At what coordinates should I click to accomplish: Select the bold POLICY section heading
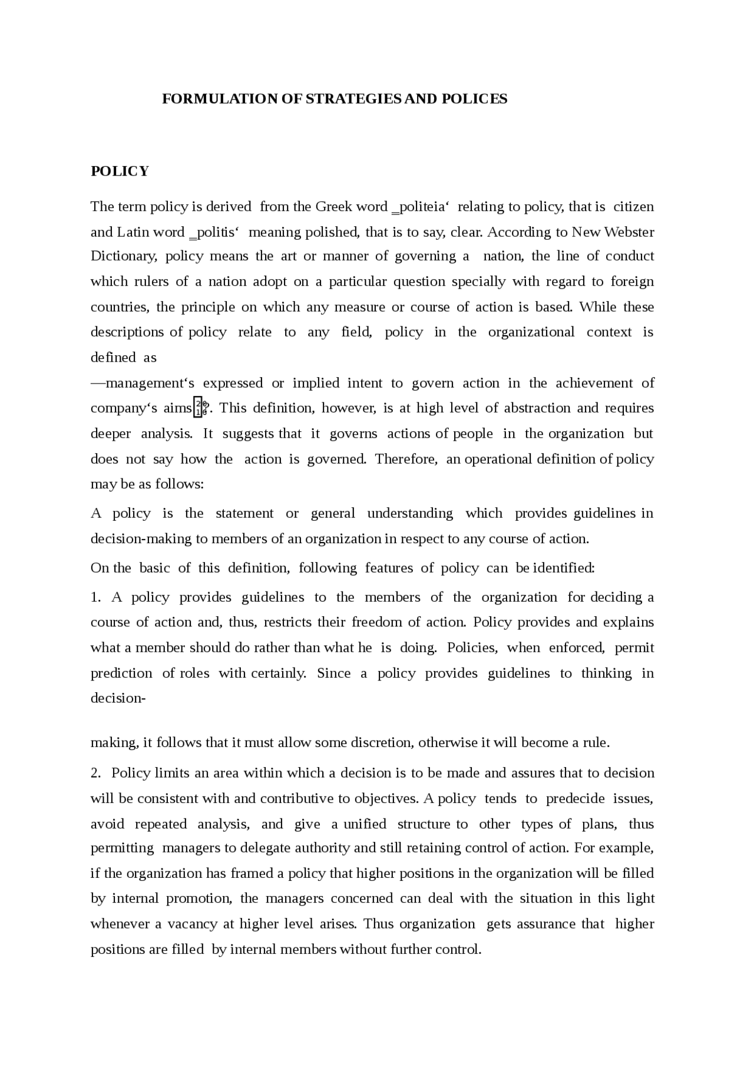pyautogui.click(x=120, y=171)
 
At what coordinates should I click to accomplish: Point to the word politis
pyautogui.click(x=214, y=232)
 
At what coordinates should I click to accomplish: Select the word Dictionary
pyautogui.click(x=123, y=256)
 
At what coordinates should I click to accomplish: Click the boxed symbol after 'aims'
pyautogui.click(x=199, y=408)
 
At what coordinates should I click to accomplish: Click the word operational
pyautogui.click(x=498, y=459)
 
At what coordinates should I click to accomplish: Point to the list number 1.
pyautogui.click(x=95, y=597)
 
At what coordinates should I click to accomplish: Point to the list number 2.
pyautogui.click(x=95, y=773)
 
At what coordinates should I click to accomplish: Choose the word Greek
pyautogui.click(x=333, y=207)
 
